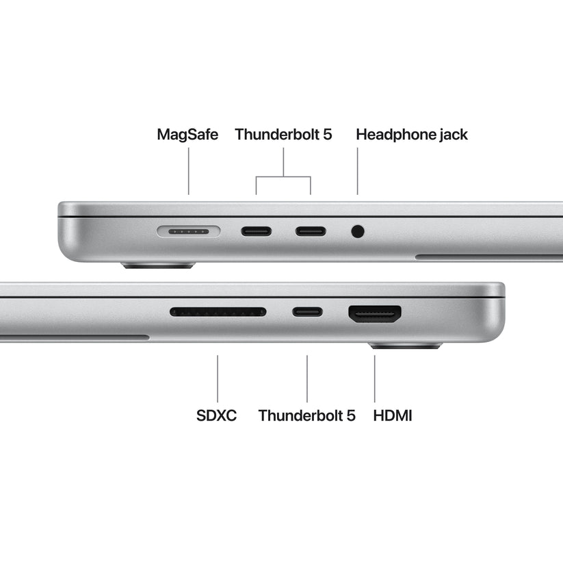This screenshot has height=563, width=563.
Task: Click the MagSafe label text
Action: coord(187,134)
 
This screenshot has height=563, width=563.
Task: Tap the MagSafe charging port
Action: coord(188,231)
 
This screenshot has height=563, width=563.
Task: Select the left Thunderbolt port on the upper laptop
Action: coord(256,231)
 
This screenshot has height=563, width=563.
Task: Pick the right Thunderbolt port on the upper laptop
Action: coord(311,231)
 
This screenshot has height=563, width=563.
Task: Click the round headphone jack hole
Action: coord(357,231)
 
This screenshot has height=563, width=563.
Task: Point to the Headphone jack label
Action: coord(412,134)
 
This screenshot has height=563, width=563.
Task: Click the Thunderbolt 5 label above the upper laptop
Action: coord(283,134)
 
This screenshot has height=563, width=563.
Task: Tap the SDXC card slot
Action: coord(218,312)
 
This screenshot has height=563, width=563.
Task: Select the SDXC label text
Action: coord(216,415)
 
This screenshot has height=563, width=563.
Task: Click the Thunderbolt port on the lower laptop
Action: coord(307,313)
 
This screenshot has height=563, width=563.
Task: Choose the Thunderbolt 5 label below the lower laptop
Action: coord(307,415)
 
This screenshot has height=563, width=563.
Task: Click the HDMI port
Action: coord(375,314)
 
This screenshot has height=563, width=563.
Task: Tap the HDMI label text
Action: coord(393,415)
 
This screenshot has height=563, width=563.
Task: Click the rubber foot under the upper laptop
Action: coord(158,265)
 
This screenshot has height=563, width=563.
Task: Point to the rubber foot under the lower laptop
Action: coord(406,346)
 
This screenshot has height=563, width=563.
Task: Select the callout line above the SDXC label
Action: coord(218,378)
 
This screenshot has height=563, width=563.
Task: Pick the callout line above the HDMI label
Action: coord(375,378)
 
